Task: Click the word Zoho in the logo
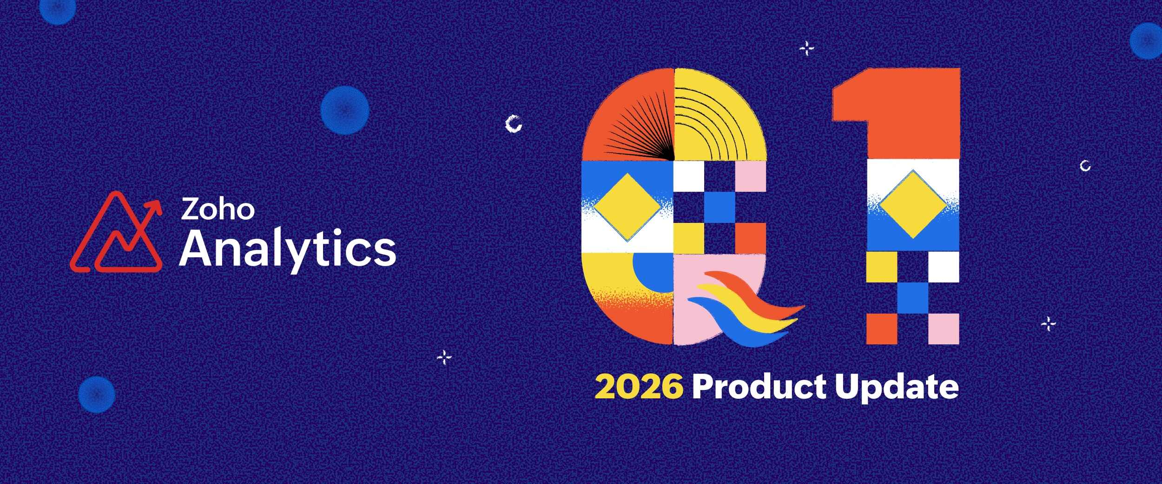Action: [x=218, y=209]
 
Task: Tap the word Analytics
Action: [x=288, y=250]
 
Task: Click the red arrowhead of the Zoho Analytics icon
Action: [x=155, y=207]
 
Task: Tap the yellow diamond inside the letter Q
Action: [x=627, y=207]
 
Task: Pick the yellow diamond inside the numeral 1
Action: [x=913, y=204]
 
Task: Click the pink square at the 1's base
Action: [x=944, y=329]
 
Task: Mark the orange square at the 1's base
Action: [x=882, y=329]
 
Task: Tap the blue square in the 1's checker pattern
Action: [x=913, y=298]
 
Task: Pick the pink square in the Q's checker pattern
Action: [x=751, y=176]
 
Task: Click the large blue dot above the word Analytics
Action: [x=345, y=110]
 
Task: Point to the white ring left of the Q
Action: [x=514, y=124]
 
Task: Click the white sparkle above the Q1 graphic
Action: [x=806, y=48]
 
